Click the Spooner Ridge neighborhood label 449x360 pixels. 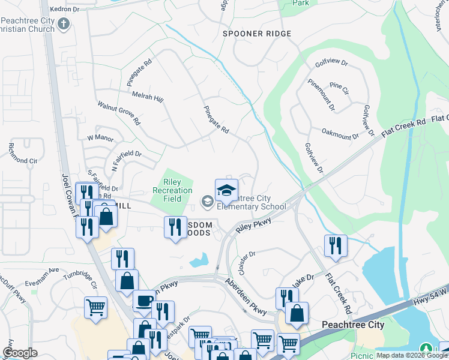pos(252,34)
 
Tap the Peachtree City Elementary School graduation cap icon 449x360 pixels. pos(226,191)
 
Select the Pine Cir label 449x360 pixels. pos(339,90)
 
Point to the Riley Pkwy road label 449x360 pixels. pos(254,226)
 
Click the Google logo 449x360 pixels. pos(20,353)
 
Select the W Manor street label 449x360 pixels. pos(100,138)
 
